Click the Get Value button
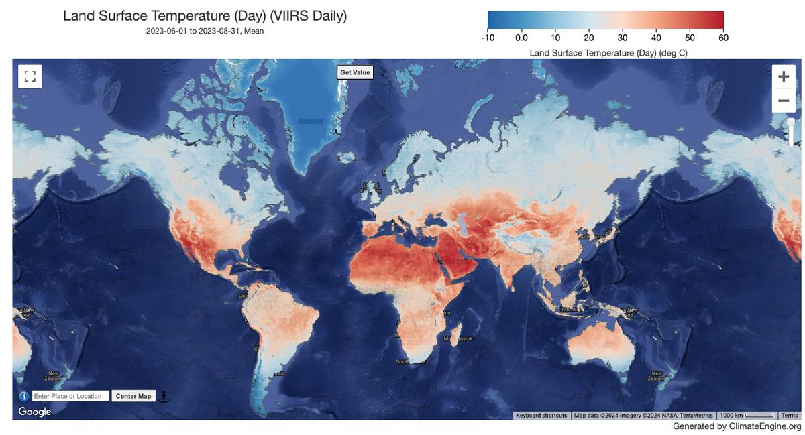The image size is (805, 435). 355,72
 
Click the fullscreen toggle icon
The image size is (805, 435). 30,76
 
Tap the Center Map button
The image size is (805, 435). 133,396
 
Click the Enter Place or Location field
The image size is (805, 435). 70,396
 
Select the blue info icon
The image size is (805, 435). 24,396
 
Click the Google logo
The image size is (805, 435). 35,412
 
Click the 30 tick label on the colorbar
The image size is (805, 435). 623,38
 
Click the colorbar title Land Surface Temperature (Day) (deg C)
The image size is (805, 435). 608,52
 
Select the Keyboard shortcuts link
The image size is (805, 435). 541,416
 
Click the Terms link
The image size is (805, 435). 790,416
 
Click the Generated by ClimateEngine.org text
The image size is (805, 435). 737,426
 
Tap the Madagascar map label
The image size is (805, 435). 458,339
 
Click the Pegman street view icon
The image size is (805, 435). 164,396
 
